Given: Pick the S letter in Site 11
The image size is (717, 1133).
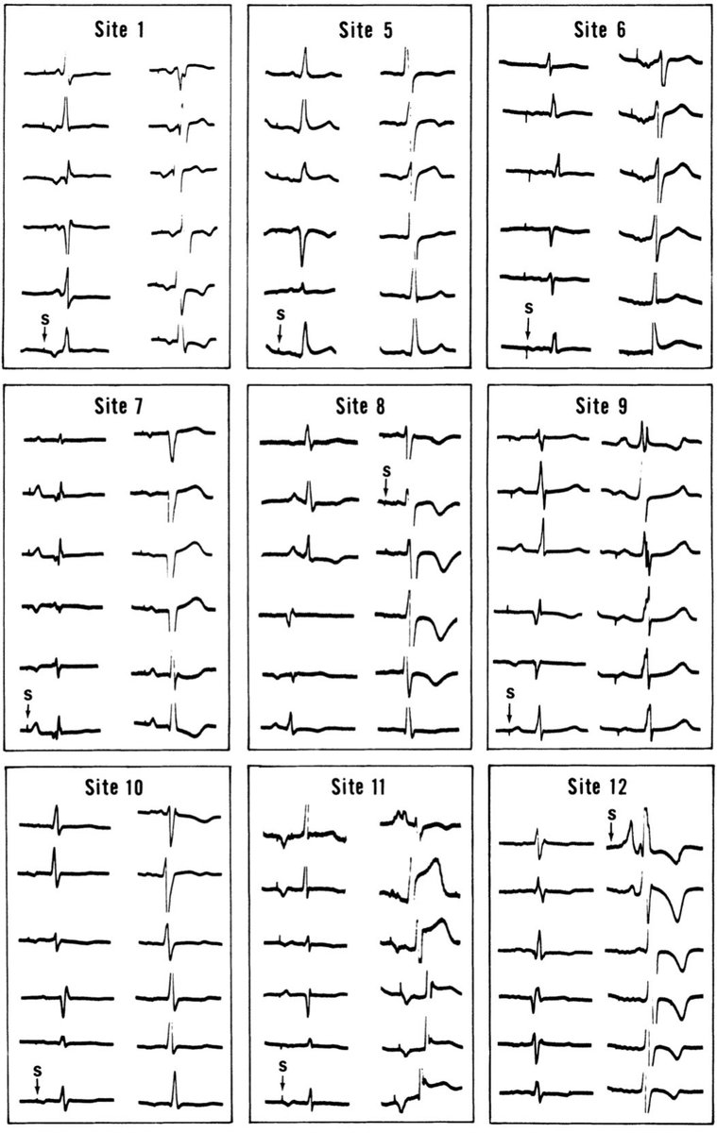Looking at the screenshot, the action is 282,1067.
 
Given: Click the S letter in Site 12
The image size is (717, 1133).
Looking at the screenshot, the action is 611,813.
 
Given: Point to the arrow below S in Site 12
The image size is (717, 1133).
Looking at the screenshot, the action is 611,831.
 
